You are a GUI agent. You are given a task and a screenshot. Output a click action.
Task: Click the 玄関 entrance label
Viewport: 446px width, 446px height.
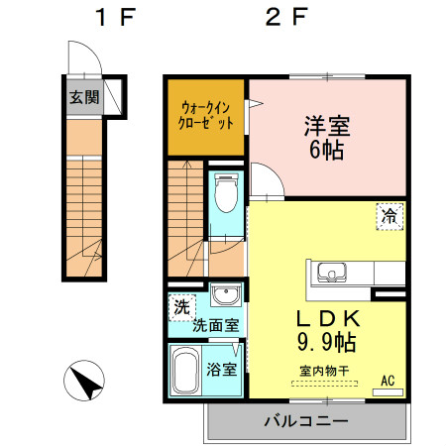(83, 97)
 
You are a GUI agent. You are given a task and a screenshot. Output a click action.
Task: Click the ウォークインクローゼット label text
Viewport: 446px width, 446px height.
(206, 116)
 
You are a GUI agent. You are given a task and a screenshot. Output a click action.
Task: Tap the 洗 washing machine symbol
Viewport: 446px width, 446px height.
(180, 306)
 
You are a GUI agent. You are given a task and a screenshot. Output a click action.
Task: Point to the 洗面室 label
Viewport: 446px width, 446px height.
(214, 324)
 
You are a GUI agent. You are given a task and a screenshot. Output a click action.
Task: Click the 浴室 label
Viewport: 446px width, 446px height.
(221, 371)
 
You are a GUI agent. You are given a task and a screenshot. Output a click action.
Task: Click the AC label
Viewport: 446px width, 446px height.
(388, 380)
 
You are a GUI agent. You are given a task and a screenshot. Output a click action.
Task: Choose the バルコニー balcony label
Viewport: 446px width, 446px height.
(305, 421)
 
